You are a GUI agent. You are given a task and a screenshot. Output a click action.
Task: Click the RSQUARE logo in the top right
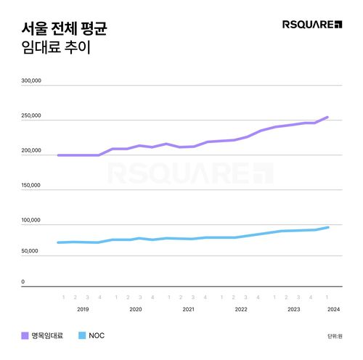311,25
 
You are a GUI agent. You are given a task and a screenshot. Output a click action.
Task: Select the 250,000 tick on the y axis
31,116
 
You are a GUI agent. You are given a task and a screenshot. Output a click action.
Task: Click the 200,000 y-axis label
31,150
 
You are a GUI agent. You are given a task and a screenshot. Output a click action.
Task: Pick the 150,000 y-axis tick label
31,185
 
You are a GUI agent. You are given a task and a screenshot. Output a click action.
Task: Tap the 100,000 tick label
31,220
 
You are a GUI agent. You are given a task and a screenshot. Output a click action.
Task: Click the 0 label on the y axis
23,282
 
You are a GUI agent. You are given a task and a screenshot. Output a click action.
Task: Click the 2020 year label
135,309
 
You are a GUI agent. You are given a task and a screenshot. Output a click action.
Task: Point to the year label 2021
188,309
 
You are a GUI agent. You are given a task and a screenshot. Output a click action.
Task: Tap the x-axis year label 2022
241,309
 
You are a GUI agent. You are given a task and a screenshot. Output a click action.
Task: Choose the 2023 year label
294,309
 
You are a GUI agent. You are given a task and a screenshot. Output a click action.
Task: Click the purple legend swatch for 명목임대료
25,335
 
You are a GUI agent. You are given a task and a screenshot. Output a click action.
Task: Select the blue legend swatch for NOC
81,335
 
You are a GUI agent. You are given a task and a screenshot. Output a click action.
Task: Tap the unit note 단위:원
333,336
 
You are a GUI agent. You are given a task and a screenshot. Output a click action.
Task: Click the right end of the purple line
328,117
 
